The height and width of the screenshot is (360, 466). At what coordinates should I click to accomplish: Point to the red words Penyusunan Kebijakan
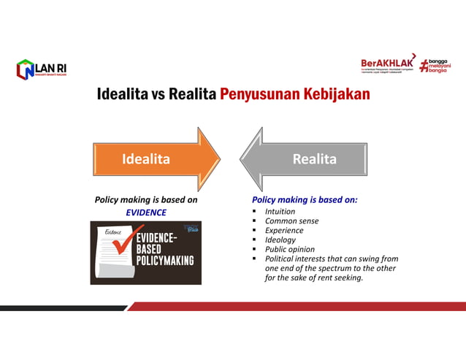tap(294, 95)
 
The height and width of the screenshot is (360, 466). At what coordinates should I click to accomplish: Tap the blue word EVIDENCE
tap(146, 212)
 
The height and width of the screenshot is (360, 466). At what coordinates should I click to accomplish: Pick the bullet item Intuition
tap(280, 211)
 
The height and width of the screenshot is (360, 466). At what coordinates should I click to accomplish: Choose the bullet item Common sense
tap(291, 221)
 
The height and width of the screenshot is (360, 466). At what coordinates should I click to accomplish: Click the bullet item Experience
tap(284, 230)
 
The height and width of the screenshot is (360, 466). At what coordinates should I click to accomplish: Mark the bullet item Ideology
tap(280, 240)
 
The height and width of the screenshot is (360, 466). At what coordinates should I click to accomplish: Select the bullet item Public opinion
tap(290, 249)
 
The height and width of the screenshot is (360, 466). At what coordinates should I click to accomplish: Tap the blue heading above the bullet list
tap(305, 199)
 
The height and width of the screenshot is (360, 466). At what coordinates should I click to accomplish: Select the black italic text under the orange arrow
tap(146, 199)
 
